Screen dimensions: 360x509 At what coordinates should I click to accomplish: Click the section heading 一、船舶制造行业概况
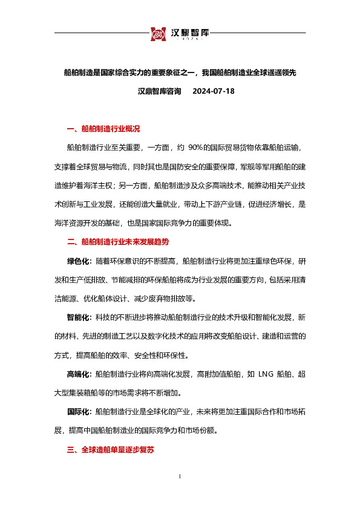tap(103, 129)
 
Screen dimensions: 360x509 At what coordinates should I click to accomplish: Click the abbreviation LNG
tap(266, 374)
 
